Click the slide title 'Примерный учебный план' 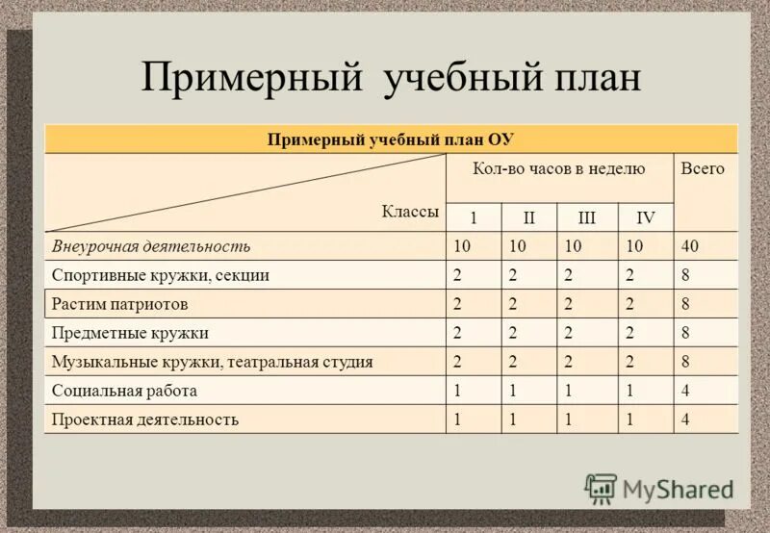click(x=391, y=78)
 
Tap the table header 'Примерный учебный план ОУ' click(x=391, y=139)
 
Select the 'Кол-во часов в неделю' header click(x=558, y=168)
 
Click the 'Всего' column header click(x=703, y=168)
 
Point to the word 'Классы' click(x=410, y=212)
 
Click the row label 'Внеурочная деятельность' click(x=151, y=246)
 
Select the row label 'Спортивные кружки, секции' click(x=160, y=275)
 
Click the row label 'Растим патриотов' click(x=119, y=304)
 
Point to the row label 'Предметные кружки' click(x=130, y=333)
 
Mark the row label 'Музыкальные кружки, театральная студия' click(x=212, y=362)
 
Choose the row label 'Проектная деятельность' click(x=145, y=419)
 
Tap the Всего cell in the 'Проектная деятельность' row click(x=685, y=419)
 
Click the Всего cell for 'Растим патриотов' click(x=685, y=304)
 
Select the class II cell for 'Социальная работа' click(x=514, y=391)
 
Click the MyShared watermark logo click(x=659, y=488)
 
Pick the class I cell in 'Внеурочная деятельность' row click(x=462, y=246)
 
